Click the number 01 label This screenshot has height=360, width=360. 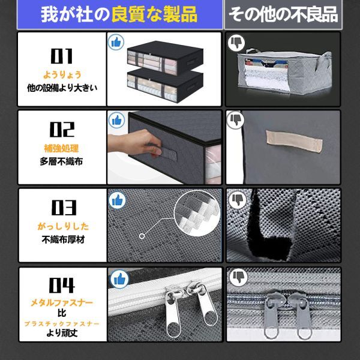(62, 56)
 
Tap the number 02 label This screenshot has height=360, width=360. (62, 129)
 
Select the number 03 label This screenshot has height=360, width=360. (64, 208)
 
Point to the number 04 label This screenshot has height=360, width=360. (62, 285)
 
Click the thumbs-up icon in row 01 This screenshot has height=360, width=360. (116, 42)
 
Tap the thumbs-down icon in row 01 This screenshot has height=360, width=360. (236, 43)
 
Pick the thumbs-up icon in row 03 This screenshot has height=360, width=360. (118, 200)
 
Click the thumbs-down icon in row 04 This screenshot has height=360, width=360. (239, 277)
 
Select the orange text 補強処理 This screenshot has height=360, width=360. (61, 149)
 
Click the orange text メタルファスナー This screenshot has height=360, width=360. (62, 302)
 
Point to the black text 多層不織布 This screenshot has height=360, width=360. (61, 161)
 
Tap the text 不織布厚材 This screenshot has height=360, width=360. (64, 239)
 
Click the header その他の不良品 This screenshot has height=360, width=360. (283, 14)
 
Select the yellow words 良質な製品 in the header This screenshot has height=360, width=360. (154, 14)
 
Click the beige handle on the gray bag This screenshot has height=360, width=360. (295, 140)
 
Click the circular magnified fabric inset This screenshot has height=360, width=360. (197, 214)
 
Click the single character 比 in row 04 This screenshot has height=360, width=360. (62, 313)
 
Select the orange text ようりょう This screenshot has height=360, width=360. (62, 75)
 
